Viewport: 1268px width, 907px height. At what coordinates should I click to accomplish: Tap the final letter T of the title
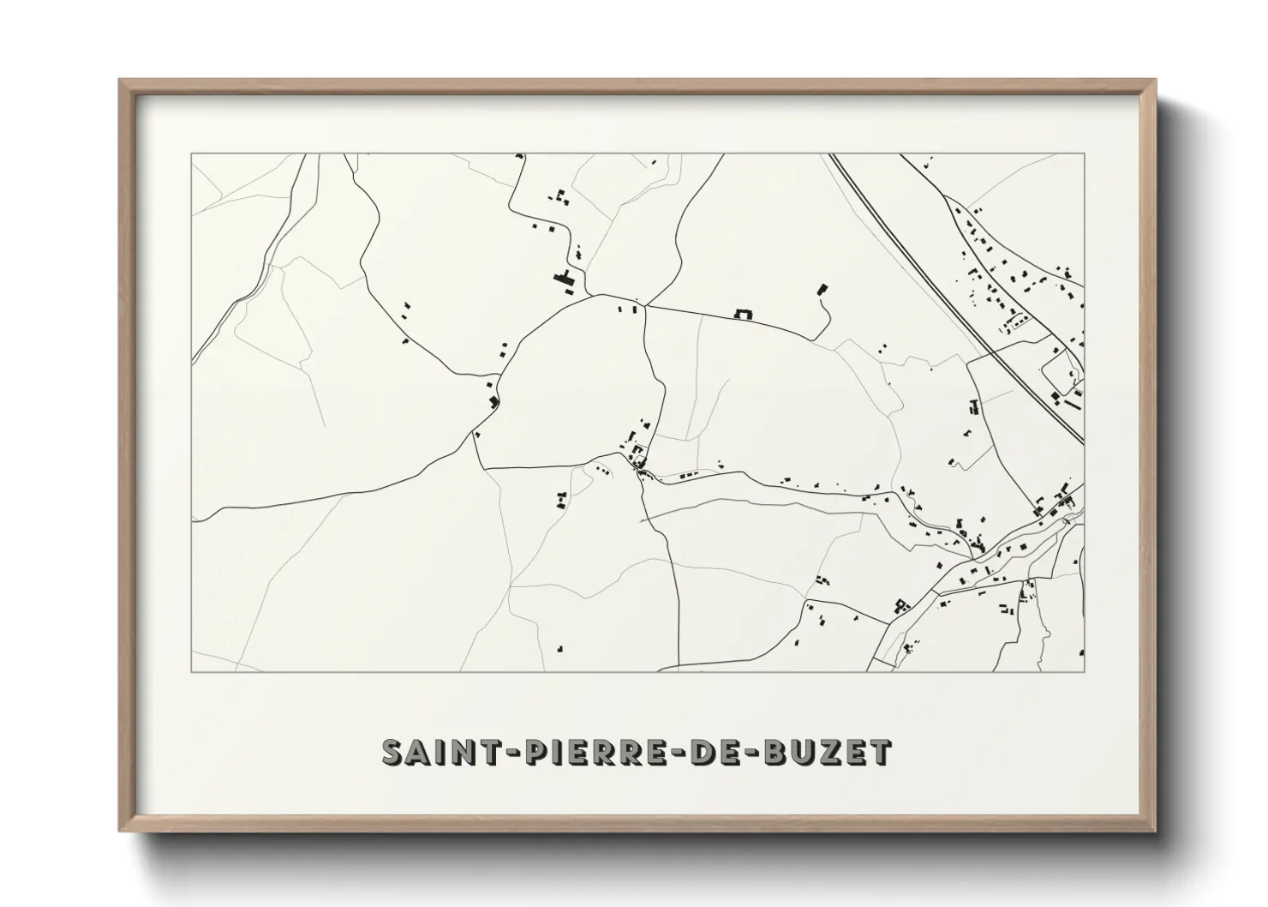click(x=882, y=752)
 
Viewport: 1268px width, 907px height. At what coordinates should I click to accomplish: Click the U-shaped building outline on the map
click(x=743, y=315)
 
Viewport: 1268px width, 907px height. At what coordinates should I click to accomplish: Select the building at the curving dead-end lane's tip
click(x=823, y=289)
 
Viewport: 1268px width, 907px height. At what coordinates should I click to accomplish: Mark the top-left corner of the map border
click(x=191, y=154)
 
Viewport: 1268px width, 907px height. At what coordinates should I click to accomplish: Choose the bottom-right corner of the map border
click(x=1084, y=671)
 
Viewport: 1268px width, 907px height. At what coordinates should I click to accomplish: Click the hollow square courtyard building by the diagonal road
click(x=900, y=606)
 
